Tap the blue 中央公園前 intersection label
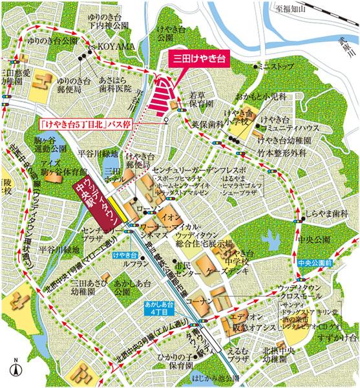point(315,264)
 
